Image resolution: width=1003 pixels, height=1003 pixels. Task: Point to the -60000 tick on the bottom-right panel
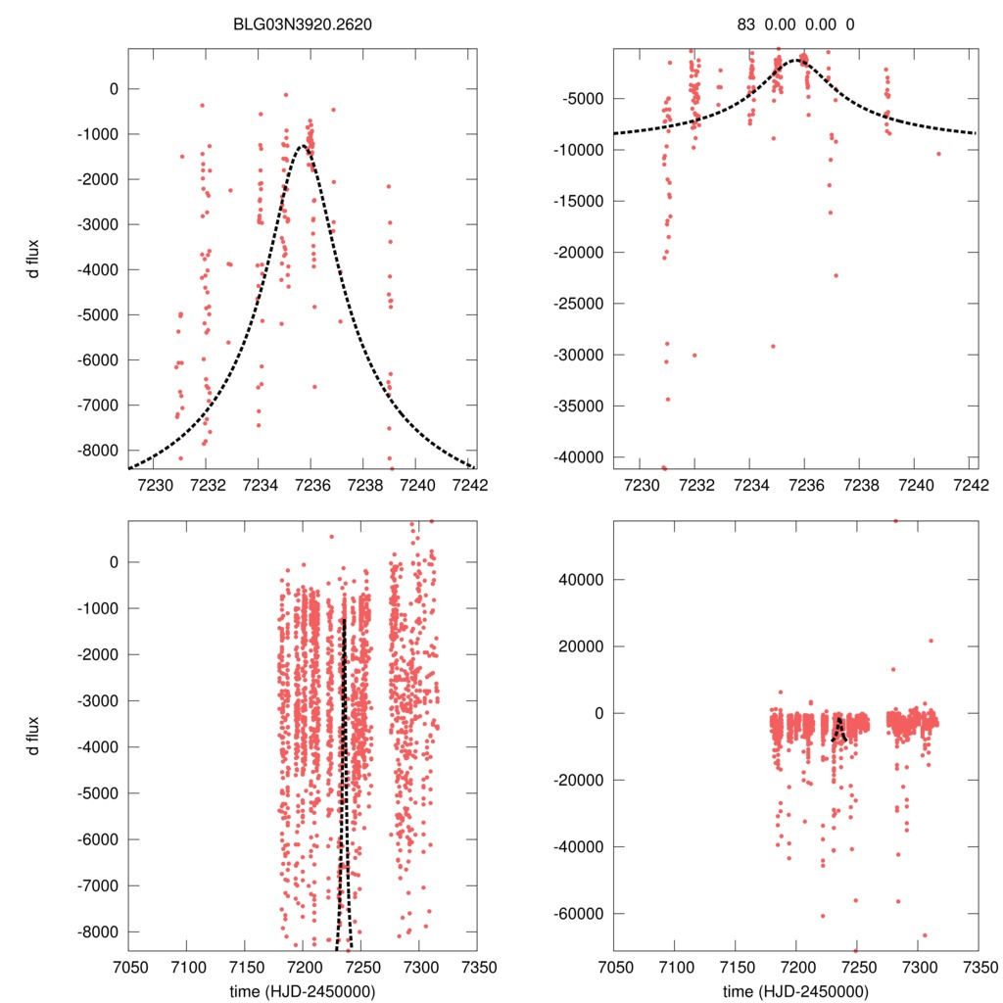click(580, 913)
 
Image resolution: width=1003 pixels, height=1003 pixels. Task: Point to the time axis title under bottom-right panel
click(794, 990)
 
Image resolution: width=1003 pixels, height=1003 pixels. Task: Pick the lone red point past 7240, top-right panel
click(937, 154)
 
